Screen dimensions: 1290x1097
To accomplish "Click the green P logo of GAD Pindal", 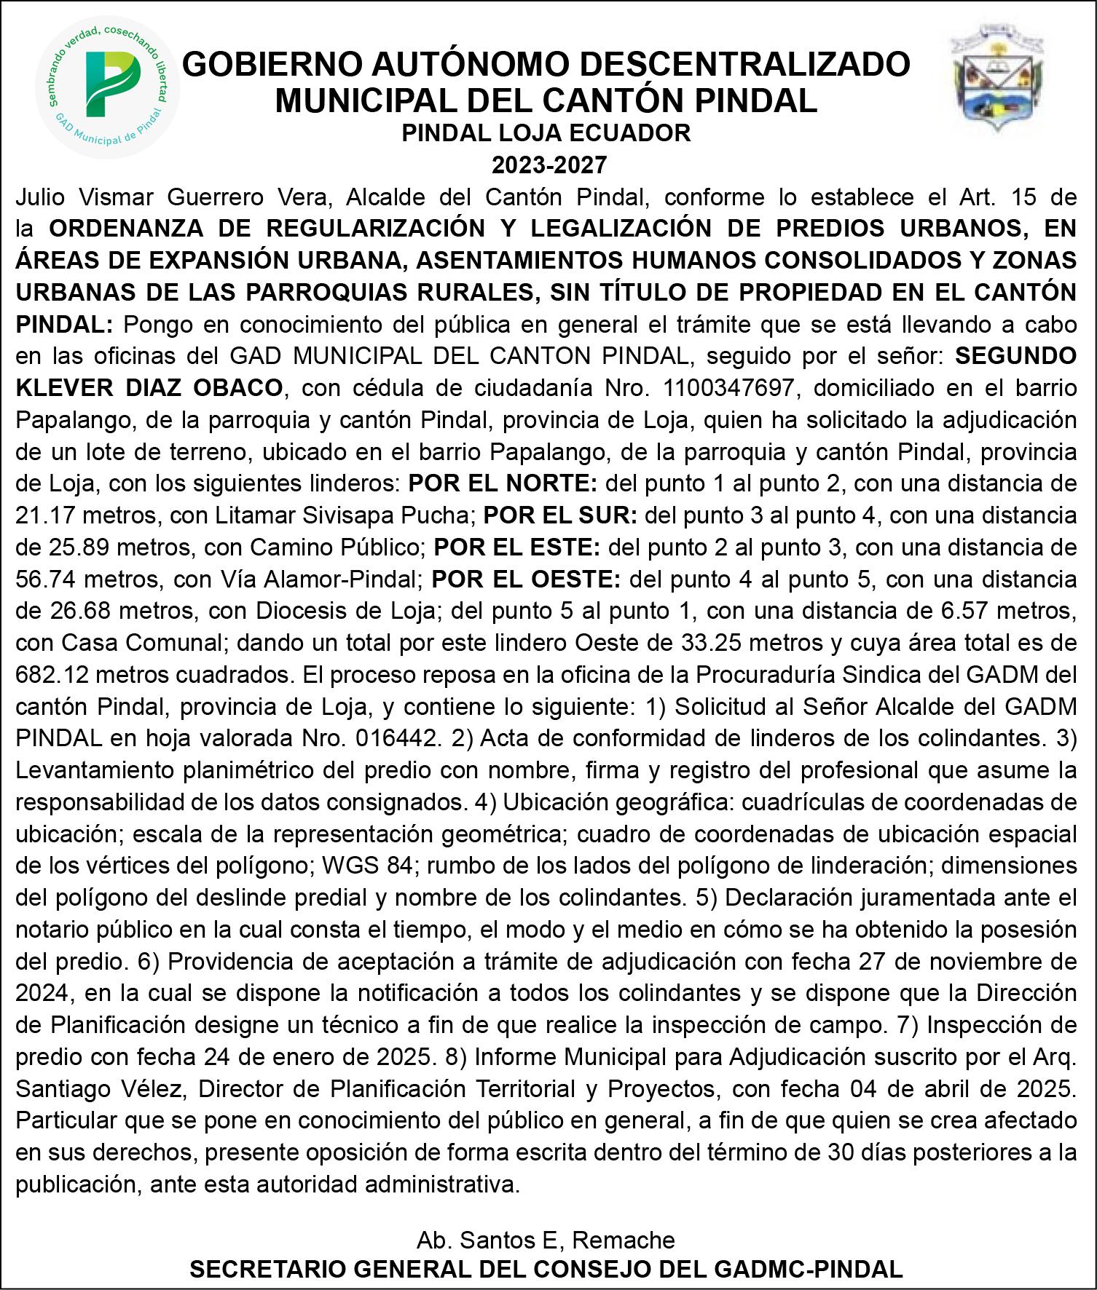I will (x=107, y=86).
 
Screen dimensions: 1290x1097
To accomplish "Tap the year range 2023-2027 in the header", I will (x=548, y=165).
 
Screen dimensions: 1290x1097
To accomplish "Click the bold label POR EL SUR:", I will (x=561, y=515).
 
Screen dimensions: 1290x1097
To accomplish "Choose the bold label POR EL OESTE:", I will (x=527, y=579).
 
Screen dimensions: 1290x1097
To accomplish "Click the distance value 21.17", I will (x=43, y=515).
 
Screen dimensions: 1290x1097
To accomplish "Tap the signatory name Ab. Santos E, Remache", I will (x=546, y=1239).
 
